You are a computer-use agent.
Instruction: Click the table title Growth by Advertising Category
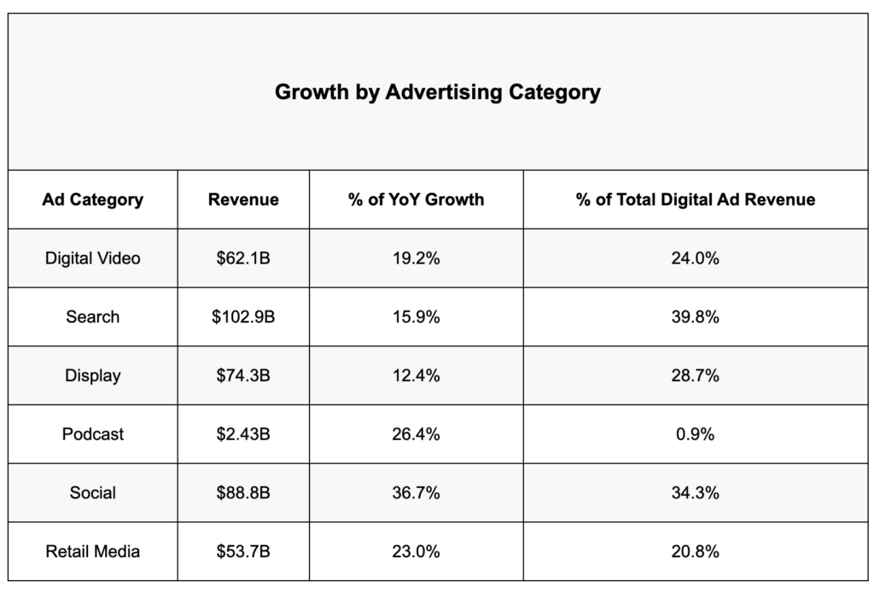point(437,92)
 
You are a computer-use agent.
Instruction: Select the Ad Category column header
point(92,200)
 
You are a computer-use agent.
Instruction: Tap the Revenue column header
point(243,200)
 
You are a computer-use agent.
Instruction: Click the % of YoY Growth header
point(417,200)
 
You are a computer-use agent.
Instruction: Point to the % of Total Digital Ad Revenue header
point(696,200)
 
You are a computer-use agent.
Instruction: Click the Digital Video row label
point(92,259)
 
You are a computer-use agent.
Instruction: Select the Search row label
point(92,317)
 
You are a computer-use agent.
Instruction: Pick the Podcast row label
point(92,434)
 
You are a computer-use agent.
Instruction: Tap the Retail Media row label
point(92,551)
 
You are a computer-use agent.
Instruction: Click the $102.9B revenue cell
point(243,317)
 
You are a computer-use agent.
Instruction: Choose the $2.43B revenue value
point(243,434)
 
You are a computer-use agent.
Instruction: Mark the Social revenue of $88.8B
point(243,492)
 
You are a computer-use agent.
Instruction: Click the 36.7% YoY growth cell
point(417,492)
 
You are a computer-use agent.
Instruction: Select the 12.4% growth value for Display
point(417,375)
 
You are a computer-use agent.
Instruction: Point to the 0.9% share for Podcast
point(696,434)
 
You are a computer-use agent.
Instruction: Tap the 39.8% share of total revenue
point(696,317)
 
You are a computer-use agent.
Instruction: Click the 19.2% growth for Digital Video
point(417,259)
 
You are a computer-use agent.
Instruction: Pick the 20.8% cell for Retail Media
point(696,551)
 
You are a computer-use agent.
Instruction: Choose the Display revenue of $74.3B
point(243,375)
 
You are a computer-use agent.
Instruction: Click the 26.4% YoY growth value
point(417,434)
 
